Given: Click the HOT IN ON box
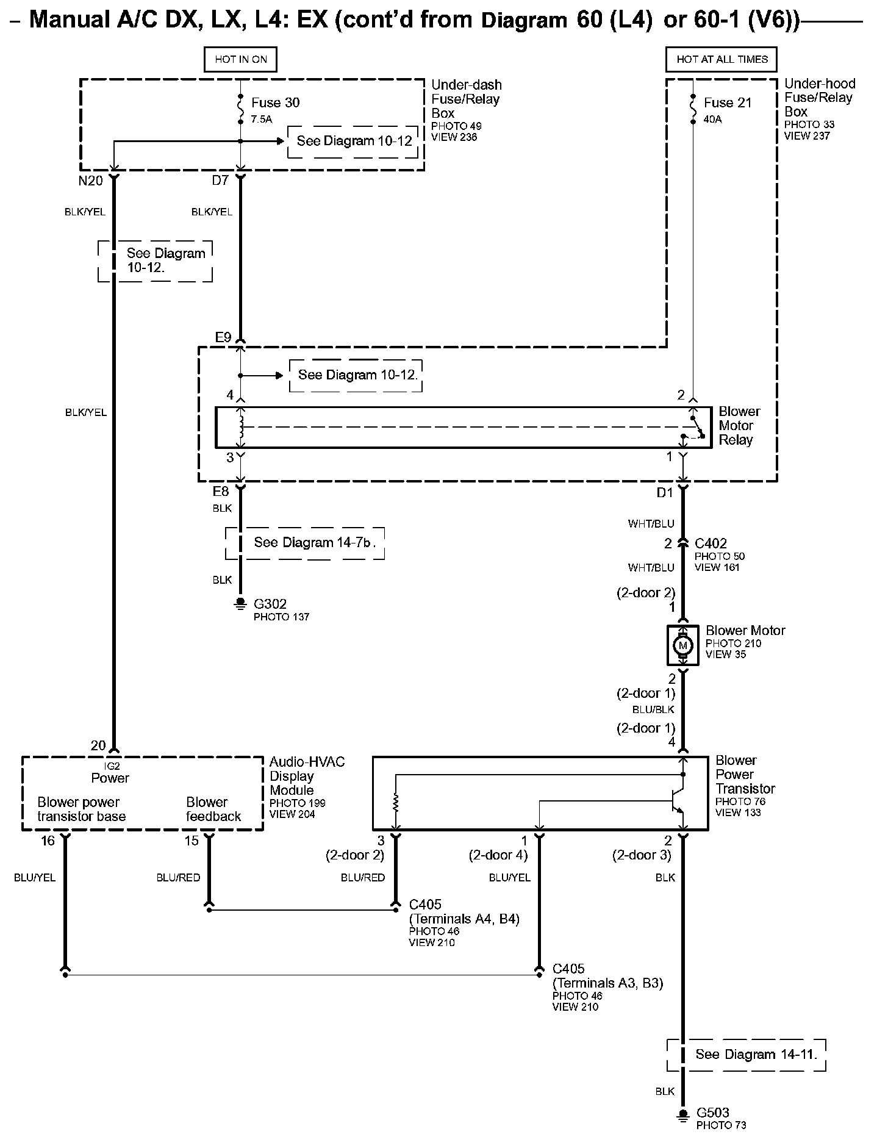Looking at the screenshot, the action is tap(240, 59).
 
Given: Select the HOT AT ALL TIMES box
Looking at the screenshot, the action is tap(722, 59).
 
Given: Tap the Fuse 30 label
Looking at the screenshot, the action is tap(275, 102).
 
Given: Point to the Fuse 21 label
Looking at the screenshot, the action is tap(728, 102).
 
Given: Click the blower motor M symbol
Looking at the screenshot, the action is tap(683, 645).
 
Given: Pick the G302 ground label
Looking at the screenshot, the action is tap(270, 604).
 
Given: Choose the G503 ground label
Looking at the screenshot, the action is tap(713, 1113).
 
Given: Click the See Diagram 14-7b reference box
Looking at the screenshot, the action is tap(305, 543).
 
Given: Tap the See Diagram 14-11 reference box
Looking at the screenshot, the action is tap(747, 1055).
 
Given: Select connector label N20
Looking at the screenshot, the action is tap(91, 181).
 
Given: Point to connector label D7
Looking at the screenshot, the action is tap(220, 181).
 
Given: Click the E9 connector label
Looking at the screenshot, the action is tap(223, 337).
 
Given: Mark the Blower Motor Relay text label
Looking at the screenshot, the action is tap(739, 426).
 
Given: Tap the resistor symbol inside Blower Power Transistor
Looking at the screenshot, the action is tap(396, 803).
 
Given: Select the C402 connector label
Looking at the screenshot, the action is tap(711, 543).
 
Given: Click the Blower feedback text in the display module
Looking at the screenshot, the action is tap(213, 809).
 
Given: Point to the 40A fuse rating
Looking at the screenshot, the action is tap(712, 120).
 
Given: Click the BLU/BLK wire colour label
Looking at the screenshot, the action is tap(653, 710).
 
